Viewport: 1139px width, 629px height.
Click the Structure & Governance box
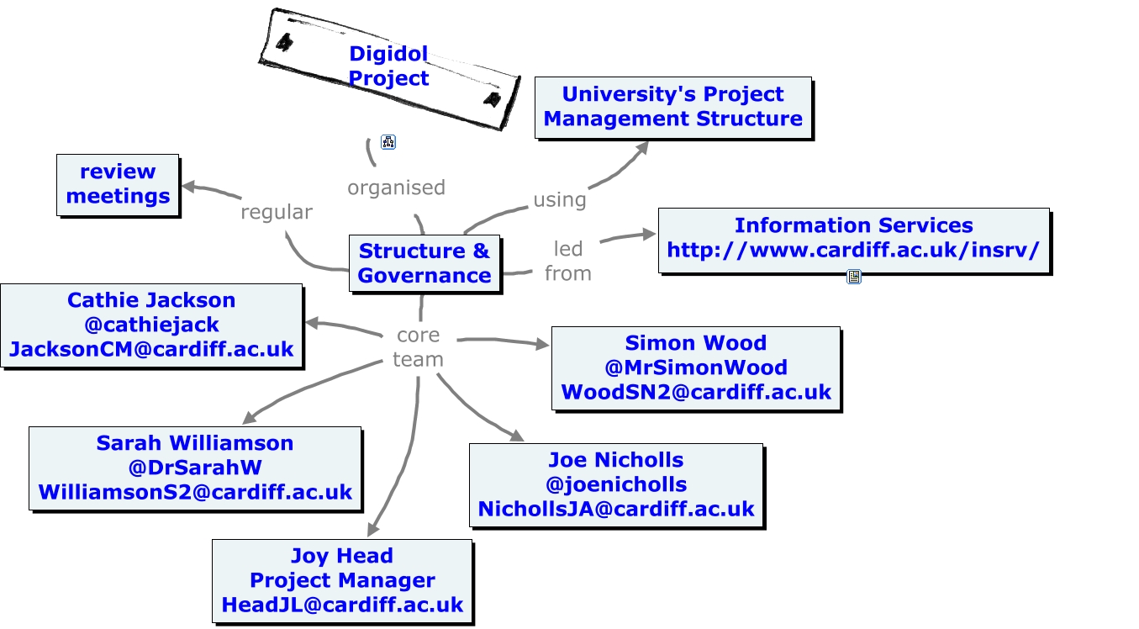click(424, 263)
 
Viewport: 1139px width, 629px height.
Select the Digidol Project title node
click(389, 69)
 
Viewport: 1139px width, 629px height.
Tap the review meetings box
click(118, 185)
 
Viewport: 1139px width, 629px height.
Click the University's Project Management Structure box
click(673, 107)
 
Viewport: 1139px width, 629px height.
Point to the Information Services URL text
click(853, 250)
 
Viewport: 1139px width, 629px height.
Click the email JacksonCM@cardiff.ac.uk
click(151, 349)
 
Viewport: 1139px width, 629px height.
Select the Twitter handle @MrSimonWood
click(696, 367)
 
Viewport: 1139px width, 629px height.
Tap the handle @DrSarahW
click(195, 468)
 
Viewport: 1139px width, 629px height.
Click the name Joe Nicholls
click(616, 460)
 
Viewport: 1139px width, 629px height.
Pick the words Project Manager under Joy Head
click(342, 580)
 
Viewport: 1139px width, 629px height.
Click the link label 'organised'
click(396, 188)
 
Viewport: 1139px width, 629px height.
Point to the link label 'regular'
click(277, 212)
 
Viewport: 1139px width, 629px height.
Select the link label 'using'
click(559, 200)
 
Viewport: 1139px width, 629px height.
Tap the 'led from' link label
click(568, 262)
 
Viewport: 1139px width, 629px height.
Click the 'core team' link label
click(418, 347)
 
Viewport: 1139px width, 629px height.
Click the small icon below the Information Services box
click(854, 277)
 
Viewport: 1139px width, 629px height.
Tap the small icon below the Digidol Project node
click(388, 142)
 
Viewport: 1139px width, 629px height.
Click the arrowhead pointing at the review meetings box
click(188, 187)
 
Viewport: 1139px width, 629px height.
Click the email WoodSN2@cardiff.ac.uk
click(696, 392)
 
